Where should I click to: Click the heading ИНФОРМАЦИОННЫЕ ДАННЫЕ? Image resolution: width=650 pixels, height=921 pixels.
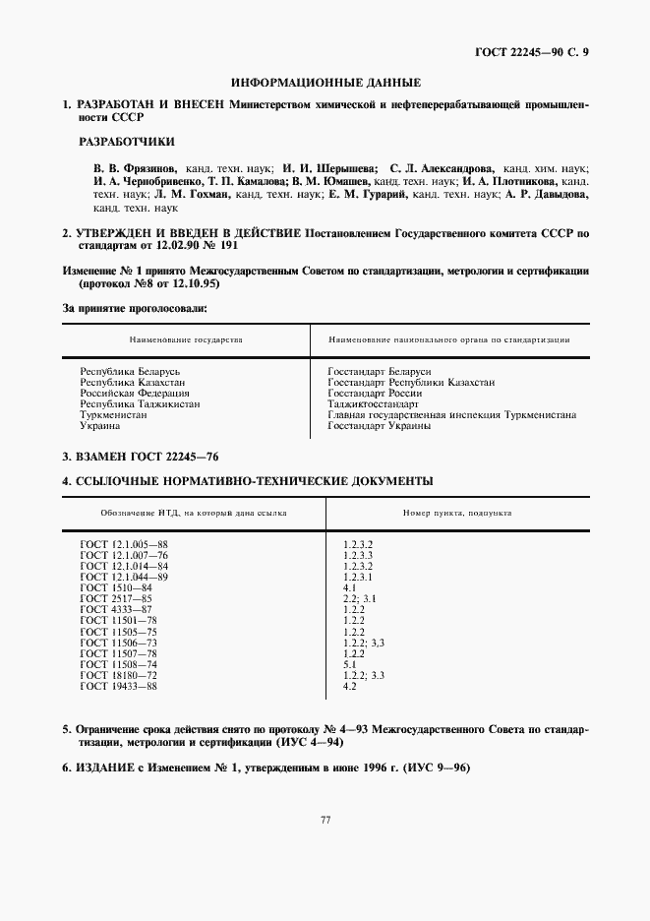point(325,83)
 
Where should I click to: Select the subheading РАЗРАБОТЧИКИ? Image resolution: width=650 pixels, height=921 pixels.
point(126,142)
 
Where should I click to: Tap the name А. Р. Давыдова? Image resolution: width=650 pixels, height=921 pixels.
point(547,195)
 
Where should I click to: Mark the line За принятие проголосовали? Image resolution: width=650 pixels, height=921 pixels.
point(135,309)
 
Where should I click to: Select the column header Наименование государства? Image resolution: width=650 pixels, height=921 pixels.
point(178,339)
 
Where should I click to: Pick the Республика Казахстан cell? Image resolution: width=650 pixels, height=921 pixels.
point(133,382)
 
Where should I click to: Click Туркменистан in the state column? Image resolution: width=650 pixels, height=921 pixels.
point(114,415)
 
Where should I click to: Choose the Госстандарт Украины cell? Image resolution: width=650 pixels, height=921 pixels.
point(379,426)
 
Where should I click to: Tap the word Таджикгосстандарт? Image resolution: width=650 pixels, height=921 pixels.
point(373,403)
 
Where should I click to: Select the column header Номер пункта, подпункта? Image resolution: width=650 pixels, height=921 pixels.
point(456,513)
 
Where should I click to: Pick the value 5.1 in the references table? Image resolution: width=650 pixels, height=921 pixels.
point(349,663)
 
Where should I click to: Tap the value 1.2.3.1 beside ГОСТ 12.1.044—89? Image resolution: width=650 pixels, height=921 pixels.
point(358,577)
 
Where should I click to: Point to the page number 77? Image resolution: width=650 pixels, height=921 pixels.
point(325,821)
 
